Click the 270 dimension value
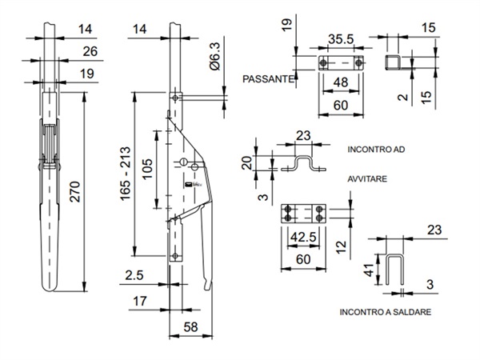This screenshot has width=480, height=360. tap(75, 192)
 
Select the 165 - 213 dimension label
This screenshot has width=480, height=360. tap(126, 174)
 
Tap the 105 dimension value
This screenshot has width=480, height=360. tap(147, 169)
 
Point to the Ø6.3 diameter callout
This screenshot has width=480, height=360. tap(215, 56)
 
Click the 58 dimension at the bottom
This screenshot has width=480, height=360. tap(190, 327)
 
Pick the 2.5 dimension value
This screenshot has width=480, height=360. tap(134, 275)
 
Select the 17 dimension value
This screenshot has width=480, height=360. tap(139, 301)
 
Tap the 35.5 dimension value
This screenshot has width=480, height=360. tap(341, 39)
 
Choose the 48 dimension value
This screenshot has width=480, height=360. tap(341, 82)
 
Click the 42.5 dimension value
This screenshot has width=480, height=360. tap(303, 237)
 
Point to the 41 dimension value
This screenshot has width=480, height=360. tap(370, 270)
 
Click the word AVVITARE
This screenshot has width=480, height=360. tap(367, 178)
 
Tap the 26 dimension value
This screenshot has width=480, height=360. tap(90, 51)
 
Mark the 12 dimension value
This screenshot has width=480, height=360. tap(341, 246)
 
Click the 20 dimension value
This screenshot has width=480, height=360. tap(246, 162)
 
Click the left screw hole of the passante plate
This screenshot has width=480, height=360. tap(323, 63)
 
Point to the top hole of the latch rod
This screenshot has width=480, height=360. tap(175, 98)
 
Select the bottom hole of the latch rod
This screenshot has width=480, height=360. tap(175, 256)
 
